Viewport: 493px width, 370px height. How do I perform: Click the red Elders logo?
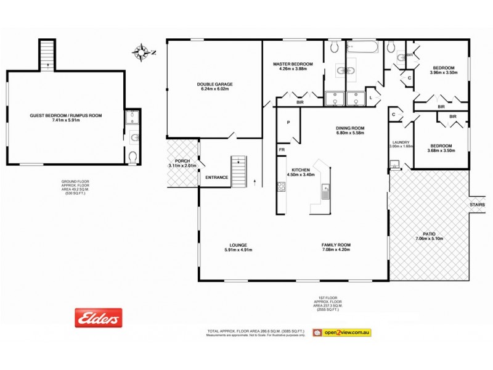(98, 318)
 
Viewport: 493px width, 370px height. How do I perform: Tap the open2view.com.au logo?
(341, 332)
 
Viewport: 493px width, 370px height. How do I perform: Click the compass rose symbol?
(142, 51)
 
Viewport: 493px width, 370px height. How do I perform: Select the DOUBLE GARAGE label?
(214, 84)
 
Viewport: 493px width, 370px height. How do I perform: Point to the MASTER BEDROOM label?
(293, 64)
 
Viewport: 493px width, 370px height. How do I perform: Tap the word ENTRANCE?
(216, 178)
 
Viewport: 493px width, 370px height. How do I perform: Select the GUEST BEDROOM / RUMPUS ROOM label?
(66, 115)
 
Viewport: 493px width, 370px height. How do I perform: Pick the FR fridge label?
(282, 150)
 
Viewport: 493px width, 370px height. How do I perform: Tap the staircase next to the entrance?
(238, 168)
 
